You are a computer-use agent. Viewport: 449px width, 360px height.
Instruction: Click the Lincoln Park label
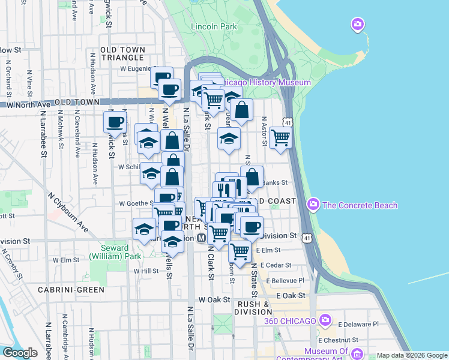[x=214, y=26]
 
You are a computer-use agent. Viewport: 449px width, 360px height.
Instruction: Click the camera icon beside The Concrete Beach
[x=313, y=205]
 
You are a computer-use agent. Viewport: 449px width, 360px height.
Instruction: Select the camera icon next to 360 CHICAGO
[x=325, y=320]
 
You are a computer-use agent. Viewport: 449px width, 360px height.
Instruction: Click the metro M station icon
[x=202, y=238]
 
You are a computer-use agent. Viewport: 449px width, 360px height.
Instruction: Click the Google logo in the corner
[x=20, y=353]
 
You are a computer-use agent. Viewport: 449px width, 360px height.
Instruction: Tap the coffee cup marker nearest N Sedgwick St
[x=115, y=122]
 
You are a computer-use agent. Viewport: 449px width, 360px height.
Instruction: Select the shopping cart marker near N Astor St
[x=280, y=137]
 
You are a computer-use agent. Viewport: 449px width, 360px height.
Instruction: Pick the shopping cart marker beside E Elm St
[x=240, y=251]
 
